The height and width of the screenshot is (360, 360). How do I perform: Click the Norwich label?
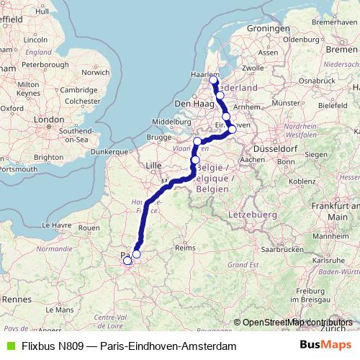click(x=94, y=72)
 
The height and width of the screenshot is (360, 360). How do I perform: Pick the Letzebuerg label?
click(x=248, y=215)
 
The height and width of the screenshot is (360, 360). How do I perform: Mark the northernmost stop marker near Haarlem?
click(x=213, y=80)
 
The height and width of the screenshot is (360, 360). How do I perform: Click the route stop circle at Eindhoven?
click(x=232, y=130)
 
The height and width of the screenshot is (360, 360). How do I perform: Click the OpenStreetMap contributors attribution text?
click(x=297, y=322)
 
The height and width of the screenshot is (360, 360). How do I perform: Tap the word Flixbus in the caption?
click(x=37, y=346)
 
